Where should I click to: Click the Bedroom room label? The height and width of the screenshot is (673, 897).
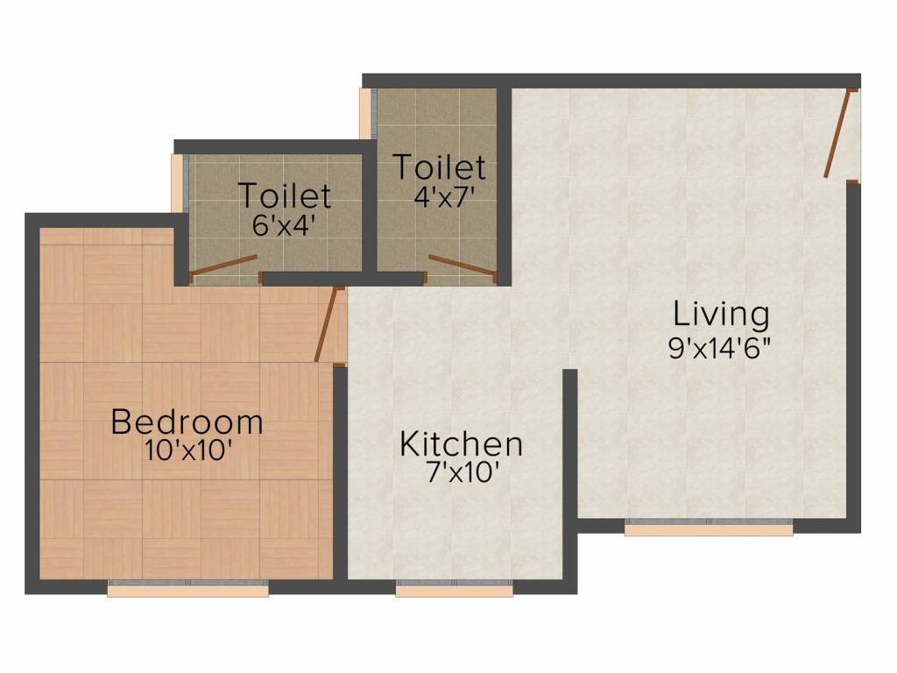tap(187, 422)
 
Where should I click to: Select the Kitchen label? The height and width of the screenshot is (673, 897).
tap(461, 443)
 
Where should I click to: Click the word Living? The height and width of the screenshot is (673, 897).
tap(721, 313)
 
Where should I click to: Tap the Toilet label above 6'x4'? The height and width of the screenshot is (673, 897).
tap(285, 195)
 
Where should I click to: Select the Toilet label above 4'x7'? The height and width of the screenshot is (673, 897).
tap(439, 166)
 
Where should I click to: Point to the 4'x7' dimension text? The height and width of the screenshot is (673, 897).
tap(444, 194)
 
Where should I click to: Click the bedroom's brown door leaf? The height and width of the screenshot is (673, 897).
tap(326, 323)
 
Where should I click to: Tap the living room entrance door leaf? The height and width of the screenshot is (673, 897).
tap(837, 133)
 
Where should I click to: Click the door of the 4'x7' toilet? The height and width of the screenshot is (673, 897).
tap(463, 265)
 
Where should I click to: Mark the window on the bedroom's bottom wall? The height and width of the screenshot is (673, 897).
tap(187, 589)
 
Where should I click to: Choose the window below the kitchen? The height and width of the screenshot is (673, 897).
tap(454, 589)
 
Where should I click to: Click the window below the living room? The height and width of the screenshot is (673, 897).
tap(709, 528)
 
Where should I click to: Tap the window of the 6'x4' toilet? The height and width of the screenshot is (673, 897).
tap(180, 183)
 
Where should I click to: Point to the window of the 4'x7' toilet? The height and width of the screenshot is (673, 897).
tap(368, 113)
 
